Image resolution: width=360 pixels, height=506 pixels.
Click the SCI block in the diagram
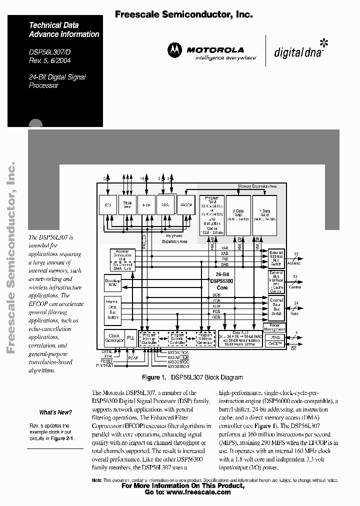click(107, 205)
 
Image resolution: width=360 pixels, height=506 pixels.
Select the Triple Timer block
click(127, 205)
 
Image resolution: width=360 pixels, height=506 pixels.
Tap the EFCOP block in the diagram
click(186, 205)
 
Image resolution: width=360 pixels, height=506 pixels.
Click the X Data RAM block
click(238, 215)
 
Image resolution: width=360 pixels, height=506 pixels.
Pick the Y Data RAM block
click(264, 215)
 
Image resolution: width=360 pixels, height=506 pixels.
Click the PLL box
click(130, 338)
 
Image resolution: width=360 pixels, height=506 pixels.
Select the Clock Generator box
click(114, 338)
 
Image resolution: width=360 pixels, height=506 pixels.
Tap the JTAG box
click(277, 337)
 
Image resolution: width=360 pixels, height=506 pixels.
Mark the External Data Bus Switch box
click(276, 306)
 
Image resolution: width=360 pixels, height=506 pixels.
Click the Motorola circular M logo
click(175, 49)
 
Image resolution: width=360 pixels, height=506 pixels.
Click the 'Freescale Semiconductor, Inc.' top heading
click(183, 15)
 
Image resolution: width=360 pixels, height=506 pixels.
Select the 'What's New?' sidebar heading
click(55, 412)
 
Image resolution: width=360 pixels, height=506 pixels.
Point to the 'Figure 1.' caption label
click(153, 377)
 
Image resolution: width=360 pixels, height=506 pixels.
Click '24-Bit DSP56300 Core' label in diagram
click(222, 281)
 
